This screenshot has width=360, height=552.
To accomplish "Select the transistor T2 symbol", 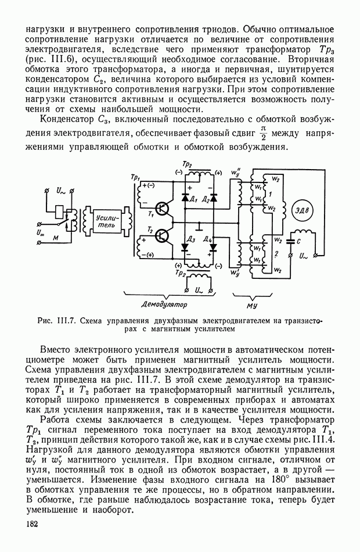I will click(x=163, y=236).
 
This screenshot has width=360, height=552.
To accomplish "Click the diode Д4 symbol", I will click(x=213, y=247).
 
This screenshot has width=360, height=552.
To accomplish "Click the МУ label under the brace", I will click(x=252, y=303).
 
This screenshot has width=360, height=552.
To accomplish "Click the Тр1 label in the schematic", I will click(x=136, y=176).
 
